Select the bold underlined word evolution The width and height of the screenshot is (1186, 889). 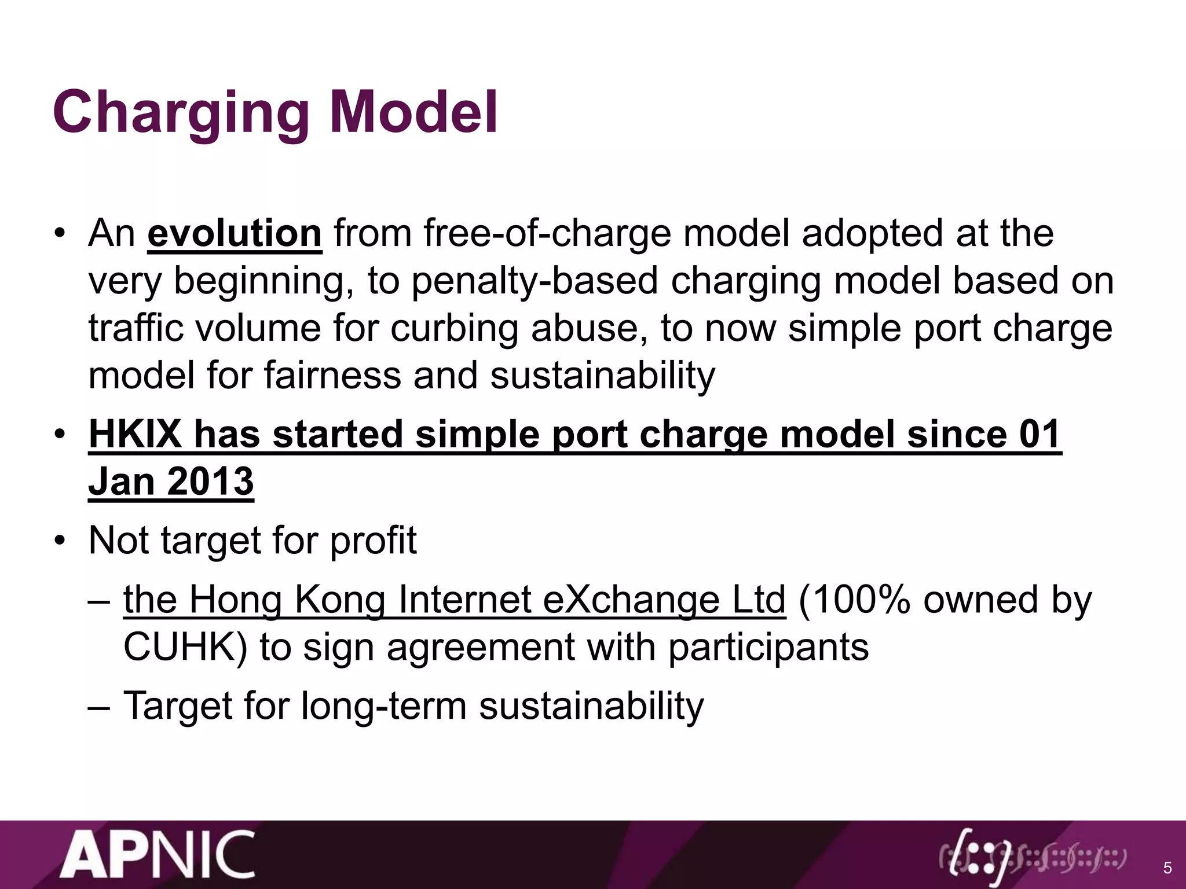(x=235, y=234)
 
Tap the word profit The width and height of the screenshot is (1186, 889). (x=373, y=541)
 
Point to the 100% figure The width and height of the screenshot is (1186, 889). (x=855, y=600)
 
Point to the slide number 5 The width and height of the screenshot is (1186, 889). (x=1167, y=868)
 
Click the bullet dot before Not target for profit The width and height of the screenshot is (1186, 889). (x=60, y=542)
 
